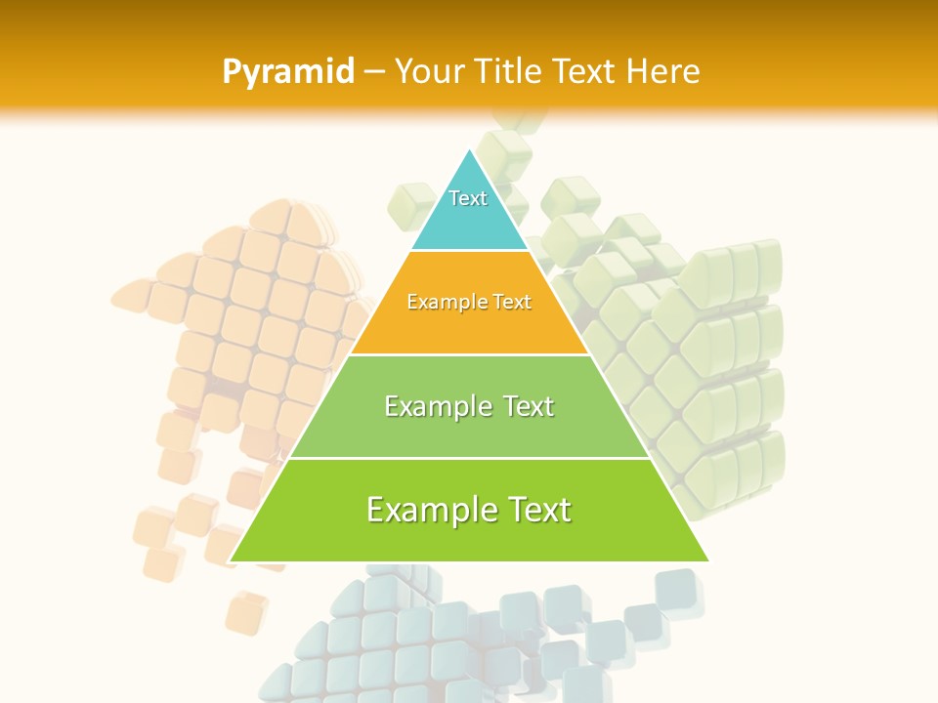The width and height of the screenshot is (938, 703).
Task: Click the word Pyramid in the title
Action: pos(287,72)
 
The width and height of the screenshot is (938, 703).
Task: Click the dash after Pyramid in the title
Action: pos(373,72)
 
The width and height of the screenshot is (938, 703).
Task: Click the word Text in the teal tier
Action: pos(468,198)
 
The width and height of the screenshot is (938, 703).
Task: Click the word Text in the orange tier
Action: pos(512,303)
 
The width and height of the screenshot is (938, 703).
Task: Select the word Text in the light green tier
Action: pos(525,406)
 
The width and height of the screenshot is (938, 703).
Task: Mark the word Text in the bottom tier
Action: pos(536,510)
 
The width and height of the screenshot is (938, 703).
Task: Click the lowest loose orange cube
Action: pos(245,612)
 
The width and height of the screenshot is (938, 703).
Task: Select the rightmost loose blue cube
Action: pos(679,593)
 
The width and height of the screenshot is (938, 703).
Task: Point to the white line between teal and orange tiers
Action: pos(469,251)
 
